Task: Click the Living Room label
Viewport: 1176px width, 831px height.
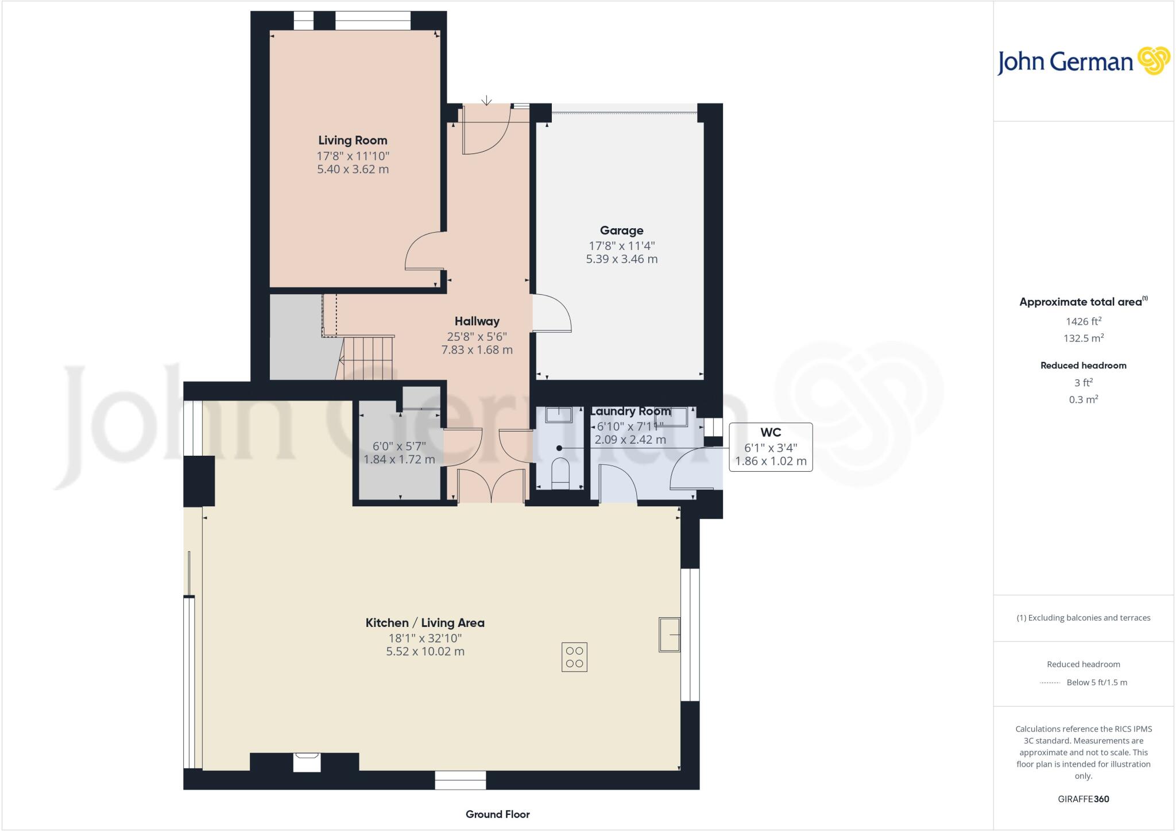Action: [x=353, y=140]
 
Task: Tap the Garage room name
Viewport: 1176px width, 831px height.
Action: [x=621, y=230]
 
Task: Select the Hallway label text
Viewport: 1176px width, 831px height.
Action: [x=477, y=321]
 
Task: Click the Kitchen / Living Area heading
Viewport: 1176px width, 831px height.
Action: [x=425, y=623]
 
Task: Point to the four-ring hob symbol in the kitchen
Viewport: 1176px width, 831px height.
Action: [x=574, y=657]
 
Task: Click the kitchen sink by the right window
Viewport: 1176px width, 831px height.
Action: [x=669, y=634]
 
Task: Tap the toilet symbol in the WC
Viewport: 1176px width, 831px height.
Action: [x=559, y=472]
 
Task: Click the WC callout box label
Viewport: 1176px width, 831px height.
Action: [x=771, y=432]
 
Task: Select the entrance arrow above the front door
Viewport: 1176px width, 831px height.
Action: [x=486, y=101]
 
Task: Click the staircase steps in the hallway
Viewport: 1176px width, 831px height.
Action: [x=367, y=359]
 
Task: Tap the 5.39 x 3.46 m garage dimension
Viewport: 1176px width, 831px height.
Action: [x=621, y=259]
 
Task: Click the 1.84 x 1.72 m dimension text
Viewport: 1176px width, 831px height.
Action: [x=399, y=460]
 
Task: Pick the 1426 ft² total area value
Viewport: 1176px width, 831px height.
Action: [x=1083, y=322]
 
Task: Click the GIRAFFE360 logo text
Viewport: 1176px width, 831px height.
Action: [x=1083, y=799]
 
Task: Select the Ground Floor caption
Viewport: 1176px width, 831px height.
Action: [x=497, y=814]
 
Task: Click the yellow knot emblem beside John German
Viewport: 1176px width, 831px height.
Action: [x=1154, y=61]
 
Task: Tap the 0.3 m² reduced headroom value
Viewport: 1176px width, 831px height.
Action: [x=1083, y=399]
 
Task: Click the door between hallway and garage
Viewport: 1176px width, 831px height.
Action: [x=551, y=314]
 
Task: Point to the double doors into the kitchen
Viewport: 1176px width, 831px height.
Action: [x=491, y=486]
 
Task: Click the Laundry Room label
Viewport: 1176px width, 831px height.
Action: [x=630, y=411]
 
